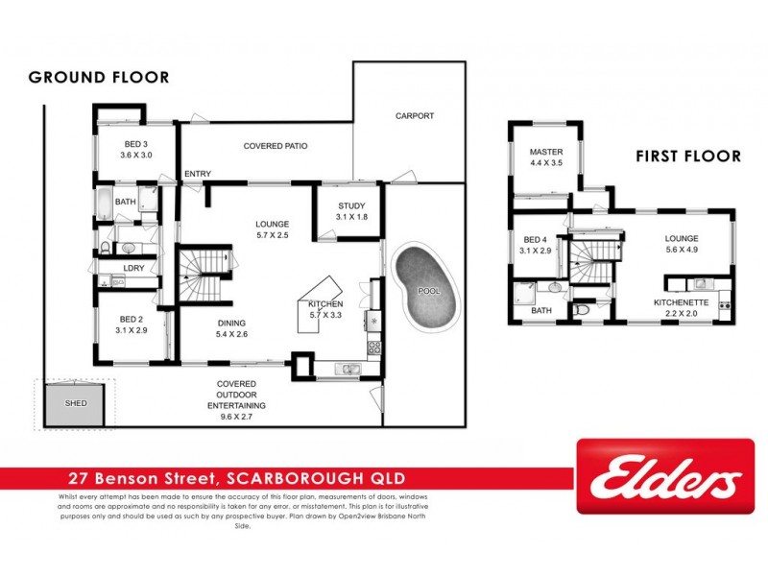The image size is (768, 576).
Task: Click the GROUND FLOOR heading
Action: pos(99,77)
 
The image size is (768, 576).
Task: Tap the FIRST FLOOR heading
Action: pos(688,156)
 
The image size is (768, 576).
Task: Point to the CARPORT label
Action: pos(415,116)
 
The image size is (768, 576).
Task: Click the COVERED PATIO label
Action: pos(276,147)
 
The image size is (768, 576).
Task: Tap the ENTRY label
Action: pos(198,174)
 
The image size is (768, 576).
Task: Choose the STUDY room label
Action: pos(351,206)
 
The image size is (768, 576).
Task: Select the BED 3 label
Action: pos(135,143)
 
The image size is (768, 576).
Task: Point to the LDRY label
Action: pos(132,268)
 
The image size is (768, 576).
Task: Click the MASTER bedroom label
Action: pos(545,152)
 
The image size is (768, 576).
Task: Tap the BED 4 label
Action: pos(535,240)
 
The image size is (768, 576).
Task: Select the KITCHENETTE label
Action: pos(681,301)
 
